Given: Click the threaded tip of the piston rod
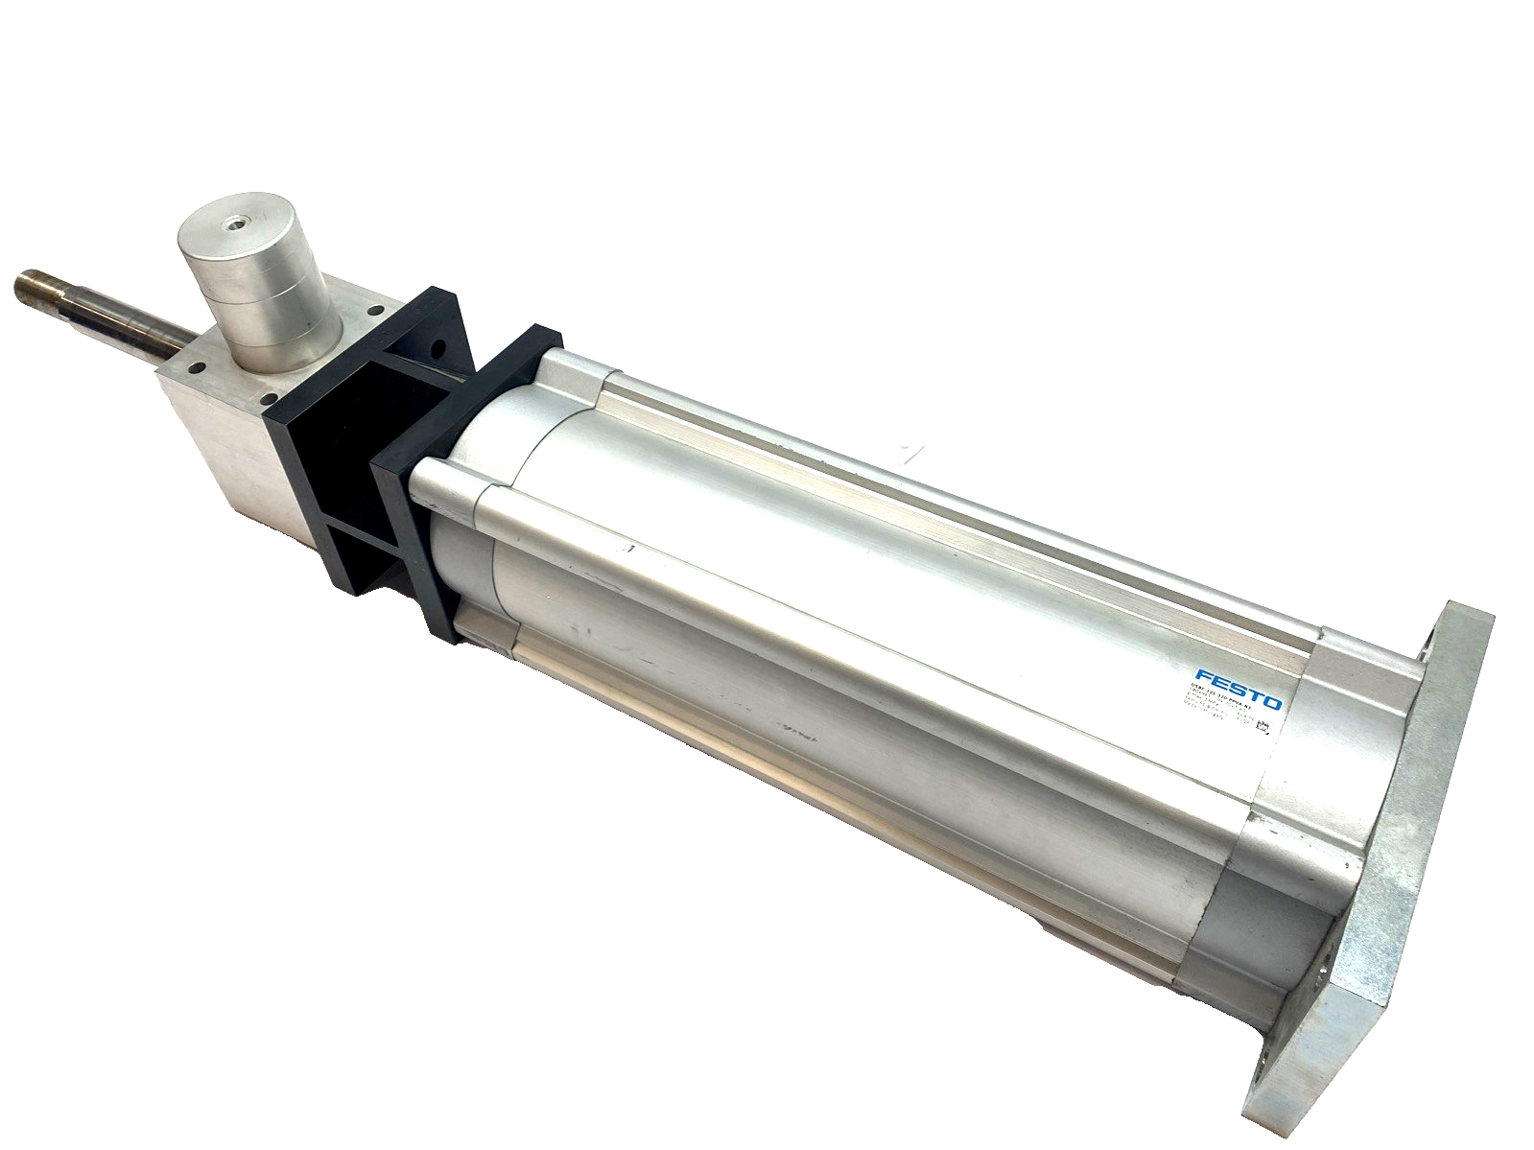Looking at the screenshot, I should point(36,285).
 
